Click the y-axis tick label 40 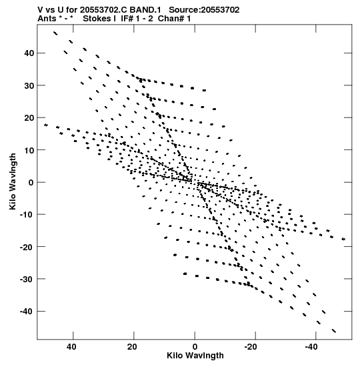(29, 53)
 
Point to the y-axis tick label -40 (27, 311)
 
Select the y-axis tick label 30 (29, 85)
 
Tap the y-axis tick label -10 (27, 214)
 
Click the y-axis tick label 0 (31, 183)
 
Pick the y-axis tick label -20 (27, 247)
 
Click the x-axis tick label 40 (71, 347)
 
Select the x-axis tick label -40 (311, 347)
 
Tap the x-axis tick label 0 (195, 347)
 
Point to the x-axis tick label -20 (251, 347)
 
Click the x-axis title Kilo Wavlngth (195, 356)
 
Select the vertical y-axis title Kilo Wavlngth (13, 181)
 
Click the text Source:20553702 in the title (204, 10)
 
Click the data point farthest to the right (343, 239)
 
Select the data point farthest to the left (46, 125)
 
